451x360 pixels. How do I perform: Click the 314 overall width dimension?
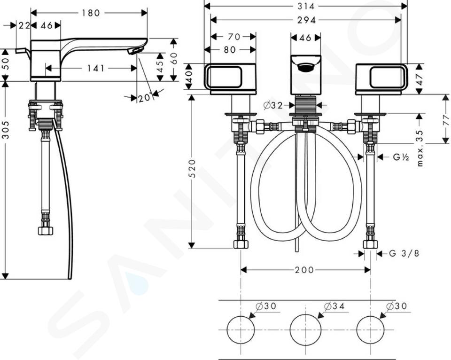point(306,6)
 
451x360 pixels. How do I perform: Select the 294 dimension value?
point(306,20)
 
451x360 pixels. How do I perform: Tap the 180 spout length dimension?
point(91,13)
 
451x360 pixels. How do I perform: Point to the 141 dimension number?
point(96,68)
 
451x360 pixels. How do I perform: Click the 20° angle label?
point(145,98)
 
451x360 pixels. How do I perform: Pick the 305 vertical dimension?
point(6,130)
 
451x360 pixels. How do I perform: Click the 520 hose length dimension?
point(192,168)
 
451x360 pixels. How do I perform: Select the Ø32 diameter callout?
point(273,106)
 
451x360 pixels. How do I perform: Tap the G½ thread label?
point(401,157)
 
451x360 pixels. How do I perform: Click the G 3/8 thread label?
point(404,253)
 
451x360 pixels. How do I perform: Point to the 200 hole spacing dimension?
point(304,270)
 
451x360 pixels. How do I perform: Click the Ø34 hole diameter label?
point(334,306)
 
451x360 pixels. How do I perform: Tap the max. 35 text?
point(420,148)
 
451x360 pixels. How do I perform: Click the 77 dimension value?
point(446,119)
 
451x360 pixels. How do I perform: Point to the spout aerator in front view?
point(306,68)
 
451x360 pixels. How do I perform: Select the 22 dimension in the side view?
point(24,25)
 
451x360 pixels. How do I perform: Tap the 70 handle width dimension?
point(233,37)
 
